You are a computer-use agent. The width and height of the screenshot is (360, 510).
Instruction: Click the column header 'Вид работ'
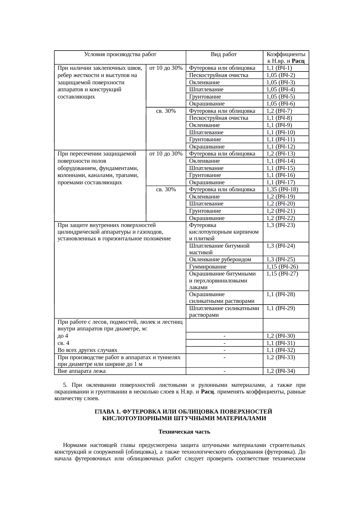(224, 54)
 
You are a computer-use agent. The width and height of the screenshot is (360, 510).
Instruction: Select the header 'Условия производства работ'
(120, 54)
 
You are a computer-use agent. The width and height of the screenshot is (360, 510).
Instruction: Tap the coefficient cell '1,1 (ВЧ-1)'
(279, 68)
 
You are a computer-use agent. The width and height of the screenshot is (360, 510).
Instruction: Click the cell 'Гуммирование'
(208, 267)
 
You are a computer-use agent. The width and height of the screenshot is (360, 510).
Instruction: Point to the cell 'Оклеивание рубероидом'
(220, 260)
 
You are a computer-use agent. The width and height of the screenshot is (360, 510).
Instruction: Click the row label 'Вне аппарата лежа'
(82, 371)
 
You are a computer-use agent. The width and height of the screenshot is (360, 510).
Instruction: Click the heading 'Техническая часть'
(184, 432)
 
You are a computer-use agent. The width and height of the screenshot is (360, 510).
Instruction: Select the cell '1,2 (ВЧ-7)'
(279, 111)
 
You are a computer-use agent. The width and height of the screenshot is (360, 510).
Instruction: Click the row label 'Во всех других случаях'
(87, 350)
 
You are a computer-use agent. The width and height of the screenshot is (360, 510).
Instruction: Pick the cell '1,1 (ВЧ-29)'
(281, 308)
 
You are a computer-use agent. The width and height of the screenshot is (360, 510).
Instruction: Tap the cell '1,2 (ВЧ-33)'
(281, 357)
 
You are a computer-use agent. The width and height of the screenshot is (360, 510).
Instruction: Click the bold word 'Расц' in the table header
(298, 61)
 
